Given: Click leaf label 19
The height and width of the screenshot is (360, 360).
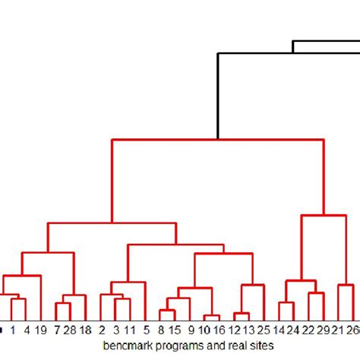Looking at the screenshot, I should (41, 330).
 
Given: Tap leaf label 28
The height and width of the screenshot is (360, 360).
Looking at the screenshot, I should (69, 330).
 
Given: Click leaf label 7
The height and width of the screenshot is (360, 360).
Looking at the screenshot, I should (56, 330).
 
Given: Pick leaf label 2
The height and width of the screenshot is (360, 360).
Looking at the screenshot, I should (102, 330).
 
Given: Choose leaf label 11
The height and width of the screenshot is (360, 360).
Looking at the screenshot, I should (131, 330).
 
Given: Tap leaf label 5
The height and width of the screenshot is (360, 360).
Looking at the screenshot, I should (145, 330).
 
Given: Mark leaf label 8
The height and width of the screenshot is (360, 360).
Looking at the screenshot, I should (161, 330).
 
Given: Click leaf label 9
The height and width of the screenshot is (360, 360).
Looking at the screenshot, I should (190, 330).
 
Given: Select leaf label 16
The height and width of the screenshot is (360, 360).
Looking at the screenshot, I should (219, 330).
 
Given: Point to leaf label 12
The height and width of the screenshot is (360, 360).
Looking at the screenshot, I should (234, 330).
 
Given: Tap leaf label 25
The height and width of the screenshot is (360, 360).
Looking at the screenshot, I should (264, 330).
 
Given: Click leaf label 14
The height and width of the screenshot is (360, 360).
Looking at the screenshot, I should (279, 330).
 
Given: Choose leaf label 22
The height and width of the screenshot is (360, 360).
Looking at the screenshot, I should (308, 330).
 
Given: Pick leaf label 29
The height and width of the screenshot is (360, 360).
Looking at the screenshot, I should (323, 330).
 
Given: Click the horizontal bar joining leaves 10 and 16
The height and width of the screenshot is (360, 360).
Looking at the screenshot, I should (212, 315).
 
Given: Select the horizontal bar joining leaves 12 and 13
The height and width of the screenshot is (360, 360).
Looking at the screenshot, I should (242, 314).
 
